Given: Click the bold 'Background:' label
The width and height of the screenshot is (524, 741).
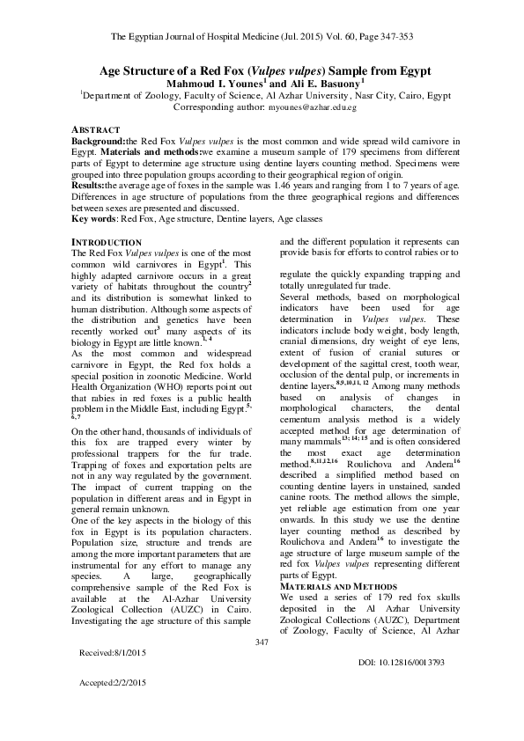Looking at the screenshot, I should click(98, 139).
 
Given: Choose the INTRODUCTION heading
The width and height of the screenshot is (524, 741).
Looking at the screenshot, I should click(105, 242).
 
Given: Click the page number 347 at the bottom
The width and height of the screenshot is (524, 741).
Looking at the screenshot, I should click(262, 669).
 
